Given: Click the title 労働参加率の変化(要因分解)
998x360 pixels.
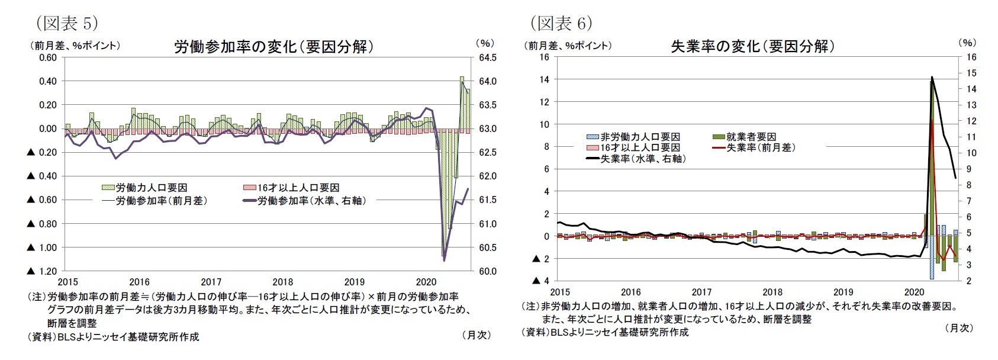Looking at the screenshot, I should click(x=274, y=47).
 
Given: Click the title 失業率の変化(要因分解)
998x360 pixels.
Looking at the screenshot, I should click(x=752, y=46).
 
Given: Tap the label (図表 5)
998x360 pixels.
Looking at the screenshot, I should click(x=67, y=23).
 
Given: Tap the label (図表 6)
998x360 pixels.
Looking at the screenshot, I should click(x=561, y=23).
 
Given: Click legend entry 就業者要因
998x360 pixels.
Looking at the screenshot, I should click(x=751, y=137).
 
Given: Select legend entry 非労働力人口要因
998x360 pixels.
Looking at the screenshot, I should click(x=639, y=137).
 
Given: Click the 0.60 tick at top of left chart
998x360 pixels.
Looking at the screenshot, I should click(x=47, y=57).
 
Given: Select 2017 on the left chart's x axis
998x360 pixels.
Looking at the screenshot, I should click(x=211, y=282).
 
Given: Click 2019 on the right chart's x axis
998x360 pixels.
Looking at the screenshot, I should click(x=843, y=292).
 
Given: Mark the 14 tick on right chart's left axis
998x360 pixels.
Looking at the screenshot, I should click(x=544, y=79).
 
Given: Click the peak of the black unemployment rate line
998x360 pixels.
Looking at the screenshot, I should click(x=932, y=77).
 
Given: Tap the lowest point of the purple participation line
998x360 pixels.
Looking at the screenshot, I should click(x=444, y=259).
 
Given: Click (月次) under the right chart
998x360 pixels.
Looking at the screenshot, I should click(x=958, y=327).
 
